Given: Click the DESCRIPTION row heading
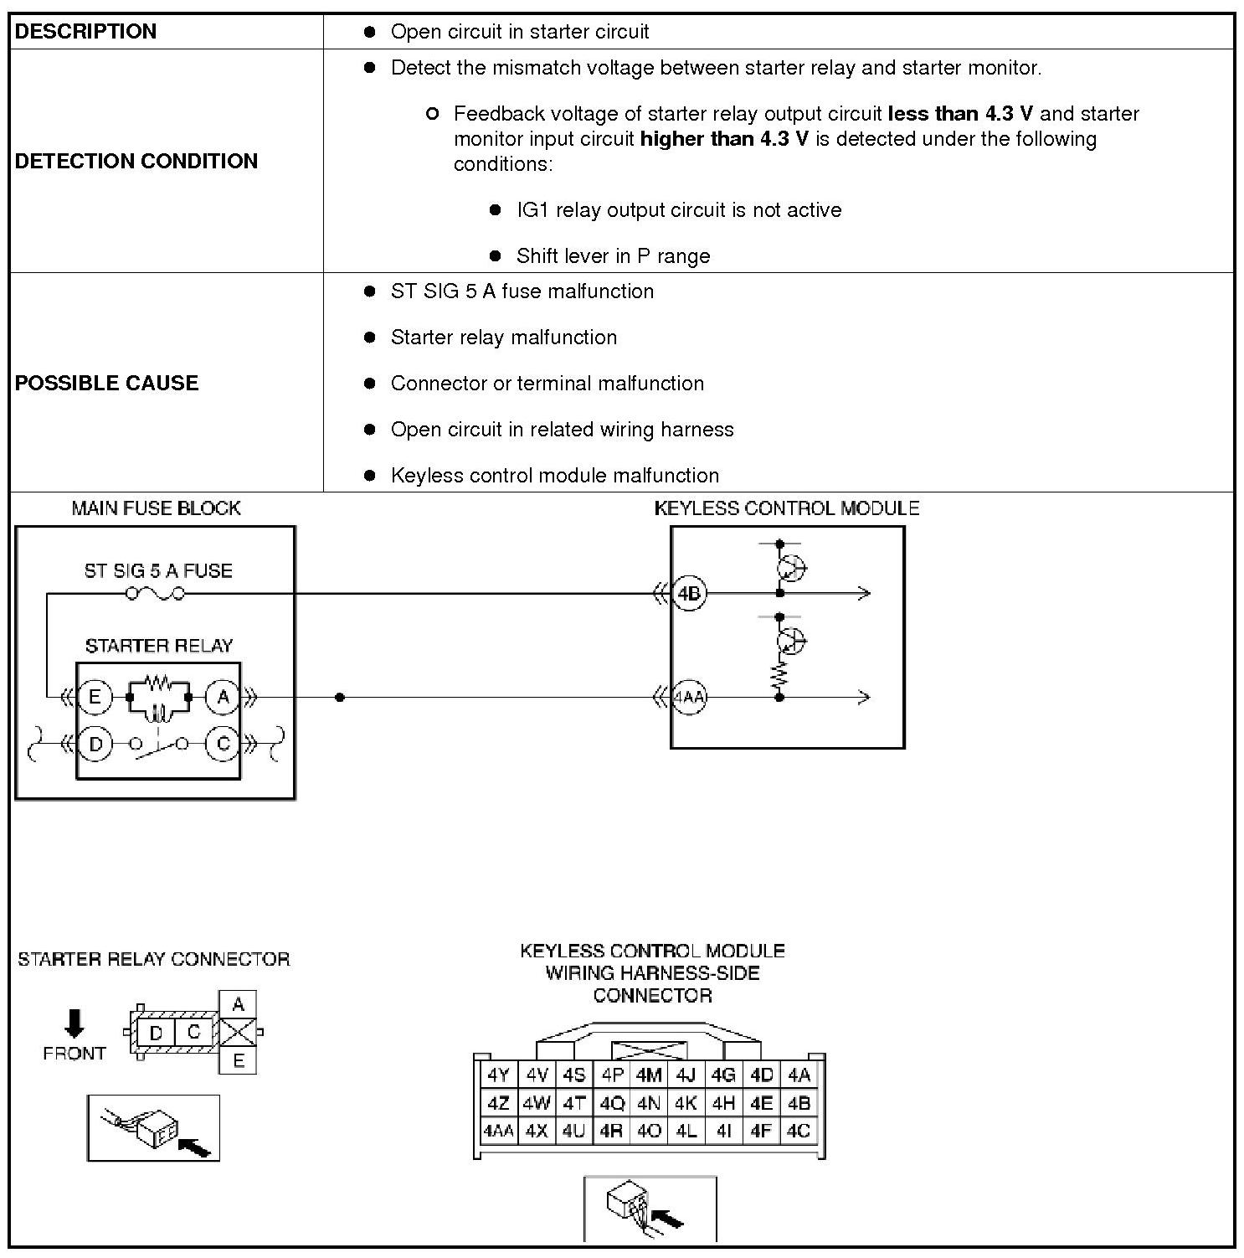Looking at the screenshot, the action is [x=85, y=32].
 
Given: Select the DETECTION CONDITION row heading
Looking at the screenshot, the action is [x=136, y=161].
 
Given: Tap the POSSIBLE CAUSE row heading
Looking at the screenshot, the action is [x=106, y=383].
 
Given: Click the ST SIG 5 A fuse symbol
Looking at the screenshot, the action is [x=155, y=594].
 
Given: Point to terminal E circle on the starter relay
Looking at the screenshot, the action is [x=95, y=697].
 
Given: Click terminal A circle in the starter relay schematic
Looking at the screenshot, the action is [x=223, y=697].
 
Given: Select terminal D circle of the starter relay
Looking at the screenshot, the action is [x=95, y=744].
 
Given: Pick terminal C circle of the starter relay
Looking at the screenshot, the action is [x=223, y=744].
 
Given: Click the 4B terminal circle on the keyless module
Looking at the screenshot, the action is [x=689, y=594].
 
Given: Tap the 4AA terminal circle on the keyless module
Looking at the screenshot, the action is [x=689, y=697].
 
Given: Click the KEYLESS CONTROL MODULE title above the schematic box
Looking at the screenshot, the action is [x=786, y=508].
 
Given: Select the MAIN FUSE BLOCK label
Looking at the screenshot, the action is [x=156, y=508].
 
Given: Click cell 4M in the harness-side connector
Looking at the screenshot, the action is [x=649, y=1075].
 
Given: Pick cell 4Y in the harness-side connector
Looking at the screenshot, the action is [x=498, y=1075].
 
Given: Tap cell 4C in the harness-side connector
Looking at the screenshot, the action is [x=799, y=1131].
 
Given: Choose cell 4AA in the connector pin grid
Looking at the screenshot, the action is [x=498, y=1131].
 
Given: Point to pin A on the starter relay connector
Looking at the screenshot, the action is [x=238, y=1004].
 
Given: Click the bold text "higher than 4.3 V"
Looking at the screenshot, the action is [x=724, y=139].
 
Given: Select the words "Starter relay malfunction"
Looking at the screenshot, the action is [x=503, y=338].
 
